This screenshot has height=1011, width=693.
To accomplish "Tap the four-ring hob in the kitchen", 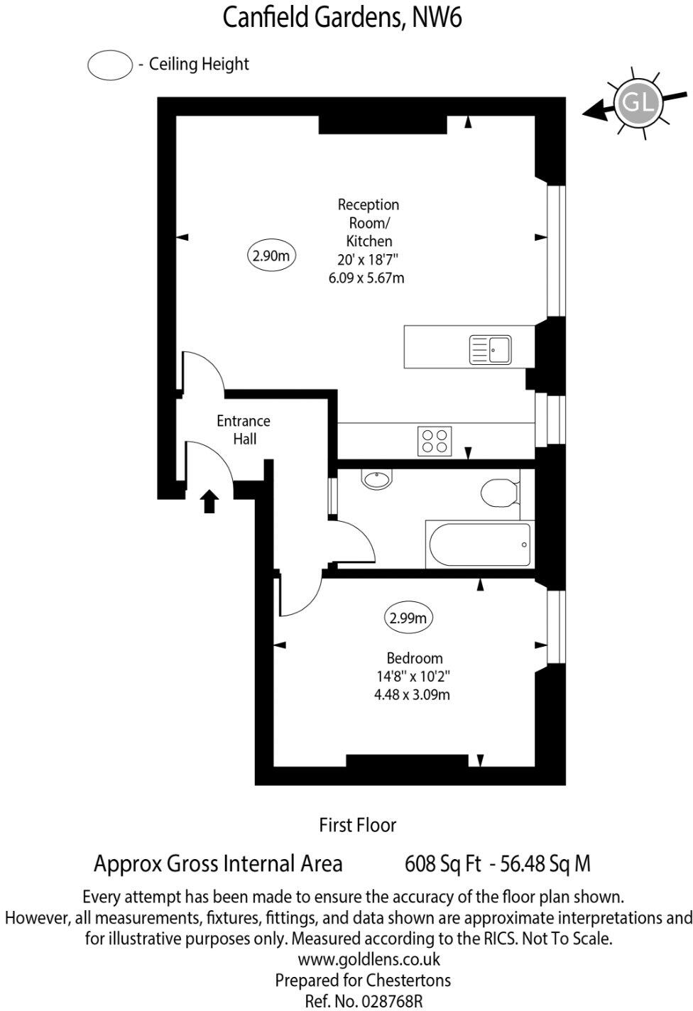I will (x=434, y=439).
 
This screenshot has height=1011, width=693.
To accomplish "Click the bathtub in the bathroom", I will (x=479, y=545).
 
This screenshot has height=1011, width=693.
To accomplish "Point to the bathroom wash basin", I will (x=376, y=479).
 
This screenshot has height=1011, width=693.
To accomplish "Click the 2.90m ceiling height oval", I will (x=271, y=256).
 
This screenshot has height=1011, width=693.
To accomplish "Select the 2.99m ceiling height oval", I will (x=409, y=618).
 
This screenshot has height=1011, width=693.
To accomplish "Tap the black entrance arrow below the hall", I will (x=209, y=501).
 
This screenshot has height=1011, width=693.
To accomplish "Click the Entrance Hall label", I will (x=244, y=430).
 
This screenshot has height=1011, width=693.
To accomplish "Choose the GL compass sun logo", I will (x=637, y=103).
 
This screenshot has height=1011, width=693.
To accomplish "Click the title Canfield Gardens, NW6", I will (x=342, y=17).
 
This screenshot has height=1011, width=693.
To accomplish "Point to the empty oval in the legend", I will (x=110, y=65).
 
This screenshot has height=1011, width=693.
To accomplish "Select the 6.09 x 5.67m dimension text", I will (x=366, y=278).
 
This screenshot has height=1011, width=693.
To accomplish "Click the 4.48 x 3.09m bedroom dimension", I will (x=412, y=694).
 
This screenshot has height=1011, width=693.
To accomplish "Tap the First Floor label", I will (x=357, y=825).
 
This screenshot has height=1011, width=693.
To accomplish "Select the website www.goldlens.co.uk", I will (x=369, y=959).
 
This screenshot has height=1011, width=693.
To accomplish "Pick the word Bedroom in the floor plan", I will (x=415, y=658).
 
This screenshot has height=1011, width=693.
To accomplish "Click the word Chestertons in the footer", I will (x=408, y=980).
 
